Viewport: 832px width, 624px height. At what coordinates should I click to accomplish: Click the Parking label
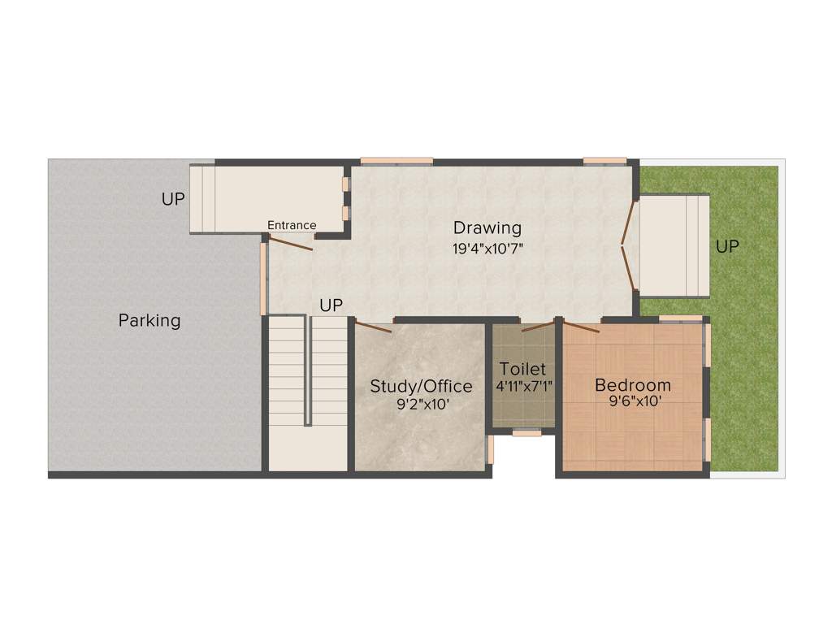(149, 320)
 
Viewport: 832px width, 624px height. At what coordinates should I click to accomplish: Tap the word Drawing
(487, 227)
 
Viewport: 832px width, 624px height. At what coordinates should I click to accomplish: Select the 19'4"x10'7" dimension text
(487, 249)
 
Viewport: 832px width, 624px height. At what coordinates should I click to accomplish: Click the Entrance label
(292, 225)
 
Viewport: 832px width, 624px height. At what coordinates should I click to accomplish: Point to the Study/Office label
(421, 386)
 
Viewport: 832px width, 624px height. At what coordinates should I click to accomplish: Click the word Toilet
(522, 369)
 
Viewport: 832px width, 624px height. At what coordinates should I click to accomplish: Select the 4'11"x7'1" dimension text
(524, 386)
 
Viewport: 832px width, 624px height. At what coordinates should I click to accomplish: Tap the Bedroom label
(633, 385)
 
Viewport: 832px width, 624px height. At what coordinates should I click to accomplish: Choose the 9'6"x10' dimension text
(633, 401)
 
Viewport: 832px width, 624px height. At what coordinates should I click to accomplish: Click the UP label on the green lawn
(727, 246)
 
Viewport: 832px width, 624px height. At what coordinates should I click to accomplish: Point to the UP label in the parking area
(173, 199)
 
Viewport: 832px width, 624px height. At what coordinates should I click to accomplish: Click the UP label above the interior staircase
(331, 305)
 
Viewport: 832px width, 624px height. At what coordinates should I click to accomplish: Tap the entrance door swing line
(291, 242)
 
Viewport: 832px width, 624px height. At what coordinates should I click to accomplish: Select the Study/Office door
(374, 327)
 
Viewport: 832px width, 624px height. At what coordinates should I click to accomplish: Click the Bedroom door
(582, 327)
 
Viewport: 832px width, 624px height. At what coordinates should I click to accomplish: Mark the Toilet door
(538, 327)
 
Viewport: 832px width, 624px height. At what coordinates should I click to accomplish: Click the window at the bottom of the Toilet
(526, 433)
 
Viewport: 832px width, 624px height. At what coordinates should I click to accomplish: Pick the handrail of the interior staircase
(308, 370)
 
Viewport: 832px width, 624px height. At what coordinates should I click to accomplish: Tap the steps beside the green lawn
(674, 246)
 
